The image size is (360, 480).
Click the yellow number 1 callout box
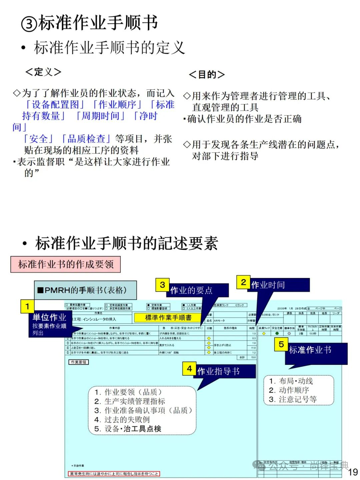click(27, 306)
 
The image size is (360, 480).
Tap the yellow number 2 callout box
click(243, 282)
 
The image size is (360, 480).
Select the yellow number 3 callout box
click(162, 285)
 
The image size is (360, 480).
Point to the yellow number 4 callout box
click(189, 369)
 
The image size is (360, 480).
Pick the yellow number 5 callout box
click(281, 344)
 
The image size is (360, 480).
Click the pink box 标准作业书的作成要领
click(66, 265)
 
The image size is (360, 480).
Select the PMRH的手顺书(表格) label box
click(85, 290)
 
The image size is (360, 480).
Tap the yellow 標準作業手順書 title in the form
click(168, 318)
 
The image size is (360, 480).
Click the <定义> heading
click(43, 72)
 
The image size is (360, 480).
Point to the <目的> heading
click(207, 75)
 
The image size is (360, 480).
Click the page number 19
click(353, 472)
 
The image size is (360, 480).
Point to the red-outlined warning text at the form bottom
click(114, 474)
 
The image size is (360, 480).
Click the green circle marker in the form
click(277, 333)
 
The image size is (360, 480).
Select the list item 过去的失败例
click(127, 420)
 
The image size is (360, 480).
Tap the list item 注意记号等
click(297, 399)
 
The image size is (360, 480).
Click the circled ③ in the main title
click(29, 24)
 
